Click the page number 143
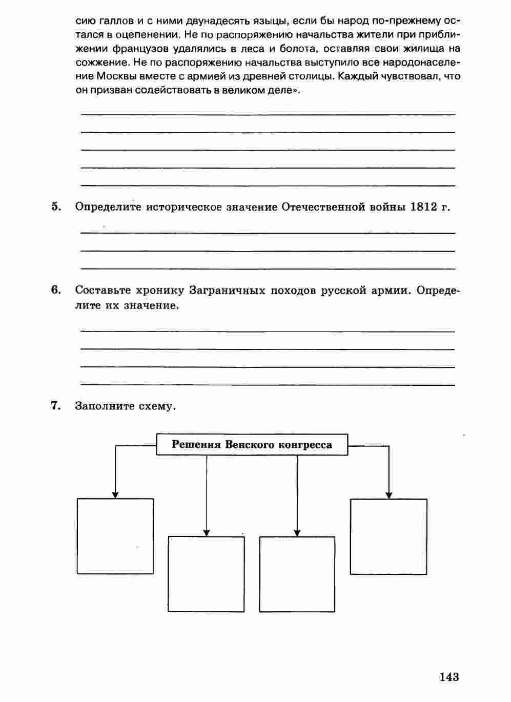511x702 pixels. point(448,677)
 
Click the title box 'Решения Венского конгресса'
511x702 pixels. point(252,444)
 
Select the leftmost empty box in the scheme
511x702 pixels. point(115,536)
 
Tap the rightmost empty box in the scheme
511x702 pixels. point(389,536)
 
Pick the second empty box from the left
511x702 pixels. point(206,574)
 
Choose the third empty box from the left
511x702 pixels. point(297,574)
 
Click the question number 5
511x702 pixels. point(56,207)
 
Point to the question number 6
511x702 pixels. point(56,290)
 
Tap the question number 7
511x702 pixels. point(56,406)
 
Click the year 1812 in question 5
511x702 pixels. point(424,207)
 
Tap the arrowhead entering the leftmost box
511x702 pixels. point(115,494)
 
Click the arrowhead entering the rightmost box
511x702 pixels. point(389,495)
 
